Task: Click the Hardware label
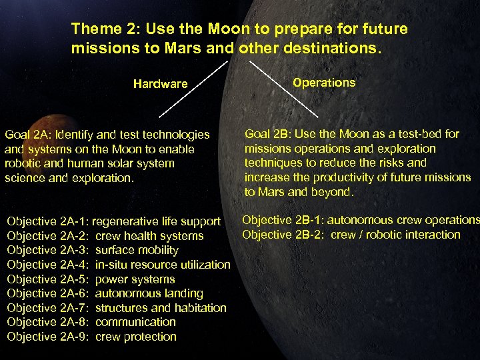tap(160, 84)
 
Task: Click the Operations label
tap(324, 83)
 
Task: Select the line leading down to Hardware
tap(193, 89)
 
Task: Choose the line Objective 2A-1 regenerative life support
tap(113, 221)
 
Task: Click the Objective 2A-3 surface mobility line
tap(93, 250)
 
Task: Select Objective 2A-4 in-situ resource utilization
tap(118, 265)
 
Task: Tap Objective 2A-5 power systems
tap(91, 279)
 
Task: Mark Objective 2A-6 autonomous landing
tap(105, 293)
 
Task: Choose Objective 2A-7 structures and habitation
tap(116, 308)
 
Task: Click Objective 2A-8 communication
tap(91, 322)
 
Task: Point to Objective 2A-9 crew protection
tap(91, 337)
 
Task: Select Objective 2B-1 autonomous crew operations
tap(360, 220)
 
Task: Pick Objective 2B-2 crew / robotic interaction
tap(351, 235)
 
